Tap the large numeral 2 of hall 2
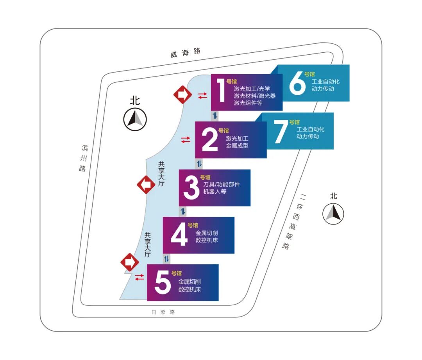209,140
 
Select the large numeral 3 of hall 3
191,187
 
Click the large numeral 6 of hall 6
297,84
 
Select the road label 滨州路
84,158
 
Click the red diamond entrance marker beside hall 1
182,94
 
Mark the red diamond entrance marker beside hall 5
129,262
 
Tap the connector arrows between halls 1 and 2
215,116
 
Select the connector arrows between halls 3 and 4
183,212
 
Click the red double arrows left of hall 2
186,139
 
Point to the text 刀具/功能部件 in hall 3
222,184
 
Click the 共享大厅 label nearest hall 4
147,245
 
